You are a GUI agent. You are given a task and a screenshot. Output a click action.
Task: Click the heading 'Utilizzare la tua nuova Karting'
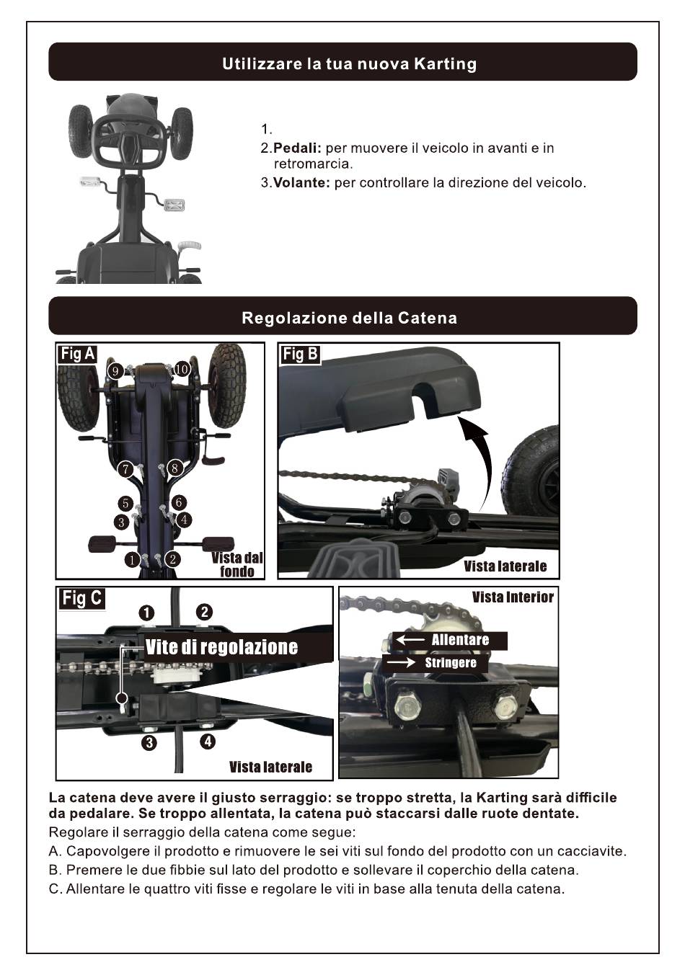point(349,63)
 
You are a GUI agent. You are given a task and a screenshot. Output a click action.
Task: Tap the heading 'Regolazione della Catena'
point(349,318)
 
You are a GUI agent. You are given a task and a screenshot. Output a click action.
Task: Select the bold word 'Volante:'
point(301,183)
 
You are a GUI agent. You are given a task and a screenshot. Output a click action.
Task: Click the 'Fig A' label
point(78,354)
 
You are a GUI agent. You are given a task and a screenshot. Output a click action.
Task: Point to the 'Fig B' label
point(300,354)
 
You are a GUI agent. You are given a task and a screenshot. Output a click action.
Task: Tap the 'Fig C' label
point(82,598)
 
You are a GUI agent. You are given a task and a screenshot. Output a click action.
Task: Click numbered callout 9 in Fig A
point(115,371)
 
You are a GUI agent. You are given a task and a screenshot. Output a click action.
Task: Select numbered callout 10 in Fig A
point(181,370)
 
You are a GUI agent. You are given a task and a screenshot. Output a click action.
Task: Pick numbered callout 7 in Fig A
point(125,470)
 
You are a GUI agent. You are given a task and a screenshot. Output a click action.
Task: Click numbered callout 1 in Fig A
point(131,559)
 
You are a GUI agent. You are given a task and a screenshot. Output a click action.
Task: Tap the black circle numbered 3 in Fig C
point(149,743)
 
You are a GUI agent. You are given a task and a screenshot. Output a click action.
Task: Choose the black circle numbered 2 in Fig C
point(205,612)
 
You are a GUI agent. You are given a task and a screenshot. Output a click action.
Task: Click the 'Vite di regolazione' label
point(221,647)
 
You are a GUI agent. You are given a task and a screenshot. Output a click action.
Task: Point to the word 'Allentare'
point(460,640)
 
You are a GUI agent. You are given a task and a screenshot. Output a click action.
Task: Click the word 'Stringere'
point(451,663)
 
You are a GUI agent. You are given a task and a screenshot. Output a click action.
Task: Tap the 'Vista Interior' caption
point(513,597)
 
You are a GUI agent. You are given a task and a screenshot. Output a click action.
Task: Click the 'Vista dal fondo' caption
point(237,564)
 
